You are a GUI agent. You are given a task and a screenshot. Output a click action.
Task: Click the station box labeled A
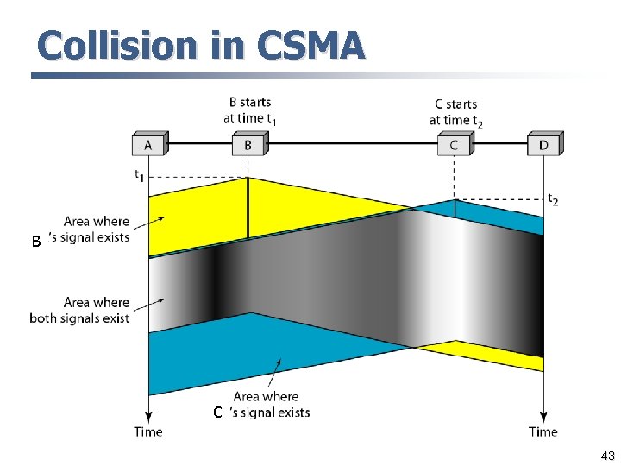[x=148, y=145]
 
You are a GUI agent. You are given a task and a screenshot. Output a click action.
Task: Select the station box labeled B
[x=248, y=145]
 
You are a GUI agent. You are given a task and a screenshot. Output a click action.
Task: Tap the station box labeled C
[x=454, y=145]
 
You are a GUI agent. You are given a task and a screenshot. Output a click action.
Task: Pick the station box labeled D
[x=543, y=145]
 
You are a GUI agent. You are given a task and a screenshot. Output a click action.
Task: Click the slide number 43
[x=607, y=456]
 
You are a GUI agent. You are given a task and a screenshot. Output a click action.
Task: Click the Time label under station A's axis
[x=148, y=431]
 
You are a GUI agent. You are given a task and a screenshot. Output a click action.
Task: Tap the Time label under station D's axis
[x=543, y=431]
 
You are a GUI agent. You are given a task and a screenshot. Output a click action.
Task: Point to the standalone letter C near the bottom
[x=219, y=412]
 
